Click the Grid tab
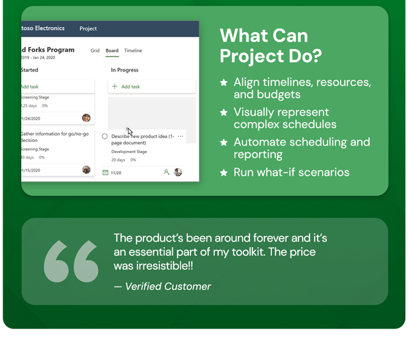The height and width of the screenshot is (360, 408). (x=95, y=50)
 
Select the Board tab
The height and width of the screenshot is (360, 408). (x=112, y=50)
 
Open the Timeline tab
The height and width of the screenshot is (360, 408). (x=133, y=50)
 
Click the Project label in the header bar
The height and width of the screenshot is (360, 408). (x=88, y=29)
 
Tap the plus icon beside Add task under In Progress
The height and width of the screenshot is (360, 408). (x=115, y=86)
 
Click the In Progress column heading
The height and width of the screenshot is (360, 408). (x=125, y=70)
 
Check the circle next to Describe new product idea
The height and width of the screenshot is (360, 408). (x=105, y=136)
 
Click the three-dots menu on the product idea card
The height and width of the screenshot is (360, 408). (x=180, y=136)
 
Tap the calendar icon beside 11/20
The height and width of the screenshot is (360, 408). (x=105, y=173)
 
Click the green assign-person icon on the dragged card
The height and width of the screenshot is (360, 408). (x=167, y=172)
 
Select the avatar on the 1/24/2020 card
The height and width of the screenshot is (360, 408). (x=86, y=118)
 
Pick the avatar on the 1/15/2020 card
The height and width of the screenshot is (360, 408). (x=86, y=169)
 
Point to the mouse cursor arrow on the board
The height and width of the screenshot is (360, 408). (x=129, y=131)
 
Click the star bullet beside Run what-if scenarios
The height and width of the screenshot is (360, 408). (x=224, y=173)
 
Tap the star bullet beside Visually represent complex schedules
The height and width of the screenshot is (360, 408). (x=224, y=112)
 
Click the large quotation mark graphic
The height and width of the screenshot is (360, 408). (x=71, y=261)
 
